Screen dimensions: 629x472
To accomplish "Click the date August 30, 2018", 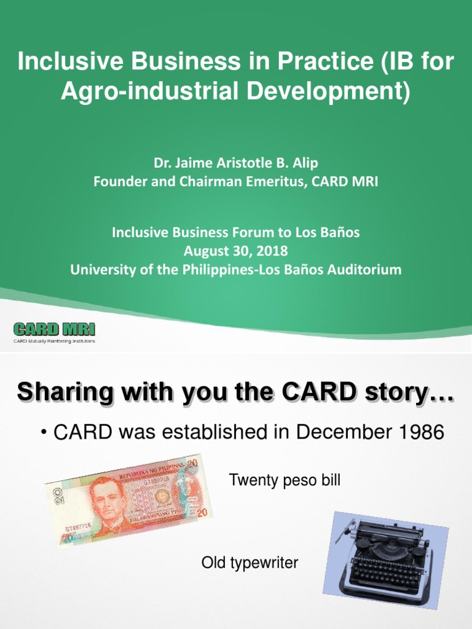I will coord(236,251).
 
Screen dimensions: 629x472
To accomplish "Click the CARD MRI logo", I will coord(54,328).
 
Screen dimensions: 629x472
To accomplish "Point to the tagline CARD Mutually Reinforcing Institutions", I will coord(54,340).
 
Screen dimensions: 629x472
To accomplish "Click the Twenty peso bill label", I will coord(285,480).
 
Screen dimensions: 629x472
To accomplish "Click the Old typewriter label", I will coord(250,563).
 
